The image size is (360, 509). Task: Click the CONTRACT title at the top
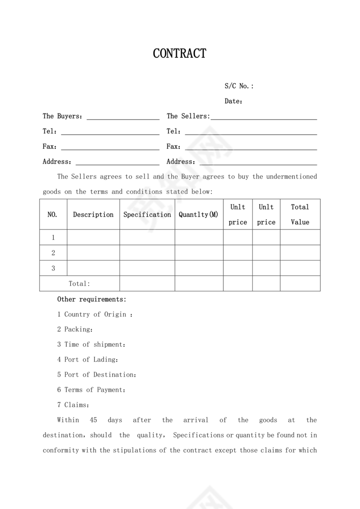click(180, 54)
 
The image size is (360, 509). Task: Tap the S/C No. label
click(239, 86)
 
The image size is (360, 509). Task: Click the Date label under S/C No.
click(233, 101)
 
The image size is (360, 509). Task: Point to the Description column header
click(93, 215)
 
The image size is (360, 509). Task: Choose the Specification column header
click(147, 215)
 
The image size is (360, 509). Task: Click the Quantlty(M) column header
click(199, 215)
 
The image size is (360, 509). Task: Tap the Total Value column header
click(300, 215)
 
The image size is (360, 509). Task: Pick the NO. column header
click(52, 215)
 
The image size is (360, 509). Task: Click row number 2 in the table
click(53, 253)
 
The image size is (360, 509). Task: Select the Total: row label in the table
click(79, 284)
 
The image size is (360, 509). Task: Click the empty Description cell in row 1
click(93, 237)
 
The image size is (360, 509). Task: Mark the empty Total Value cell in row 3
click(300, 268)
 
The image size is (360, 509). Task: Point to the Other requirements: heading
click(92, 299)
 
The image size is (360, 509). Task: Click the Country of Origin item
click(95, 314)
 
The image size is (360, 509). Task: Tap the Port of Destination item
click(97, 375)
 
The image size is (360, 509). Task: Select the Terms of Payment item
click(91, 390)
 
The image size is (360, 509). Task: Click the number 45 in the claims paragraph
click(93, 420)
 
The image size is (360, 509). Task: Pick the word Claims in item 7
click(76, 405)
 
